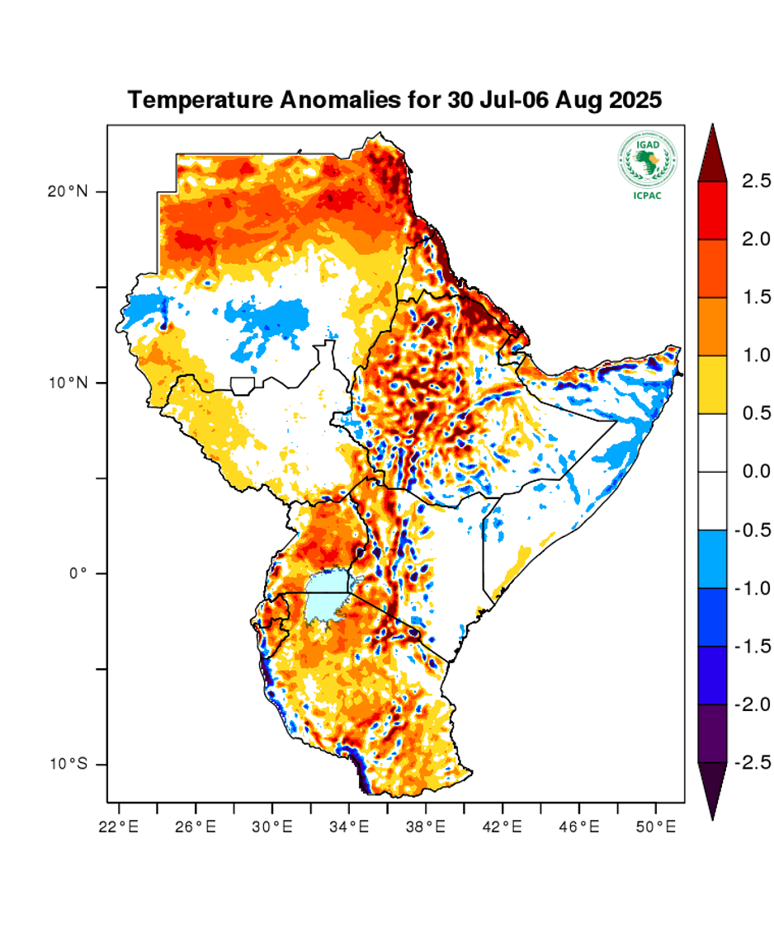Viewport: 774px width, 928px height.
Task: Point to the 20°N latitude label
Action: click(x=67, y=191)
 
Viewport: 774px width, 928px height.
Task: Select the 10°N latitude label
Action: click(x=67, y=383)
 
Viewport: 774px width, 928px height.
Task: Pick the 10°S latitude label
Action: click(x=67, y=765)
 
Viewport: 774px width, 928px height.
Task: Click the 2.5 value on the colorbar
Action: click(x=755, y=181)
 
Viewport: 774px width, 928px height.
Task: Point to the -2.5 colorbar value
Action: click(x=752, y=761)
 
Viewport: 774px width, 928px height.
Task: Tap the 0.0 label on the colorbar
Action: click(x=755, y=472)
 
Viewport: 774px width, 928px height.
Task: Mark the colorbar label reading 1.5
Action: click(x=755, y=297)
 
